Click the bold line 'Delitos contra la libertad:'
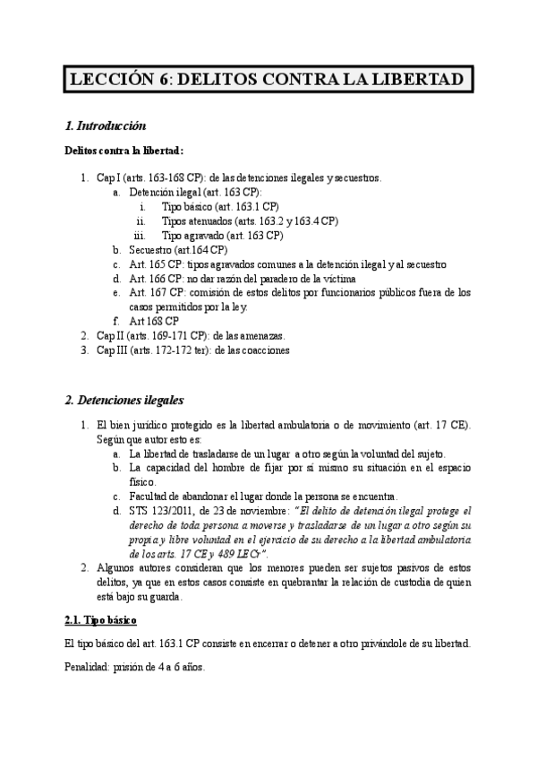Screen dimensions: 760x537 click(124, 151)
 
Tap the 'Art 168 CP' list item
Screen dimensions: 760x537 click(154, 321)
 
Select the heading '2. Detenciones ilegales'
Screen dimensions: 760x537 click(124, 400)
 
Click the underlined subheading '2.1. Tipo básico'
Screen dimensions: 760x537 click(100, 619)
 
